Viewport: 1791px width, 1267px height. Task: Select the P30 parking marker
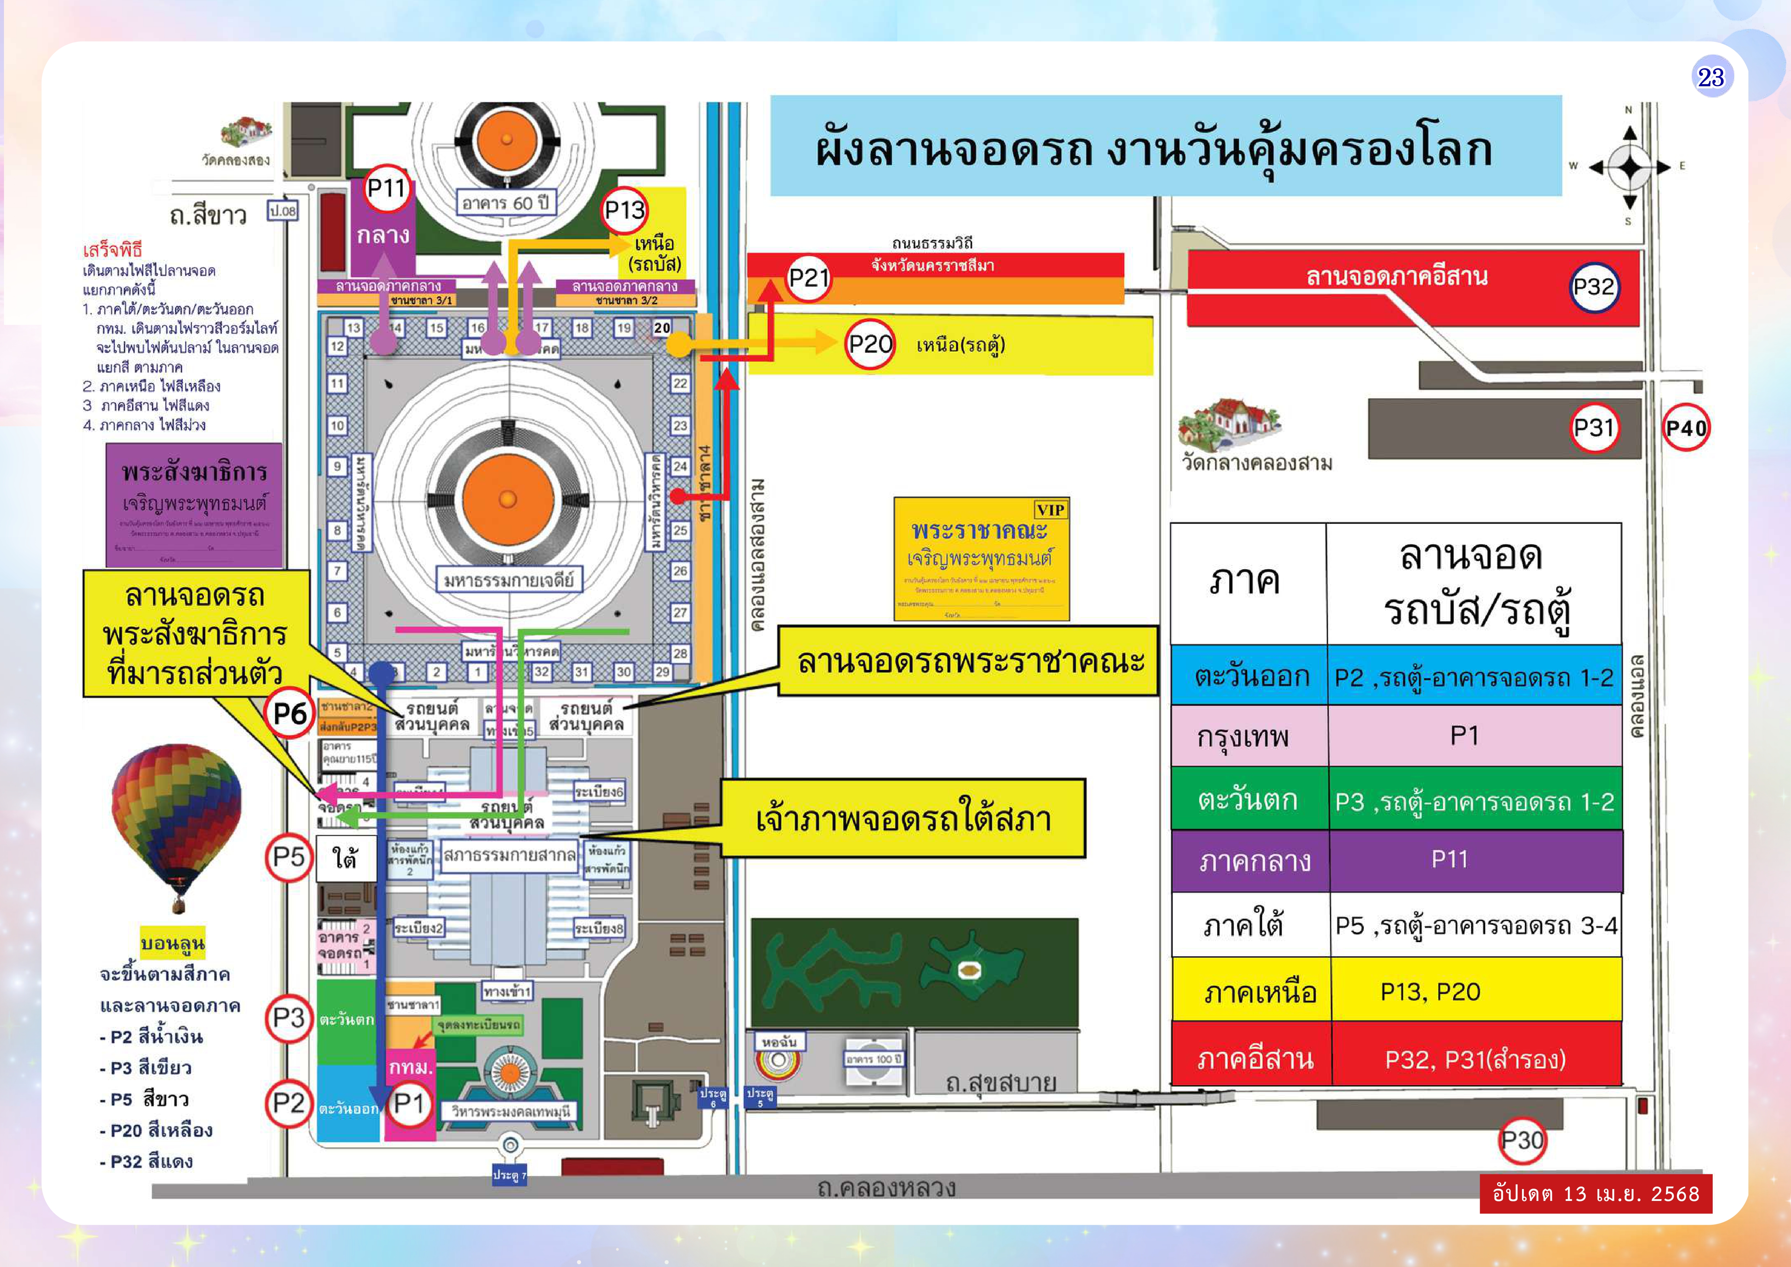(x=1522, y=1141)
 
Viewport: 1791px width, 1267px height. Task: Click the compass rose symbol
(x=1630, y=166)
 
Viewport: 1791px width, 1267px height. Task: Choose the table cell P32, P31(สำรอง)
(x=1475, y=1059)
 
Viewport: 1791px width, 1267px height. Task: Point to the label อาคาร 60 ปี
(x=506, y=203)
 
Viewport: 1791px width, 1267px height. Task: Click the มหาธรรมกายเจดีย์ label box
(x=509, y=580)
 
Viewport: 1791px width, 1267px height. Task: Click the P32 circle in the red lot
(x=1593, y=287)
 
